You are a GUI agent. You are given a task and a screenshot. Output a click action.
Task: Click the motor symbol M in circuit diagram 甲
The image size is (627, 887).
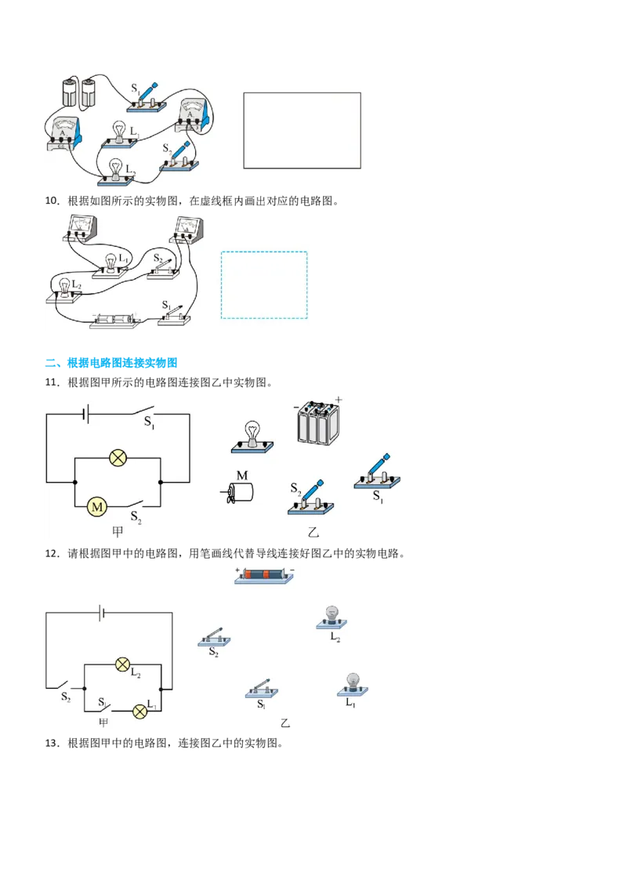tap(96, 506)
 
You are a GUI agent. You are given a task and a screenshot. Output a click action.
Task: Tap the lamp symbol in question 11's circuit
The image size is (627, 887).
tap(118, 457)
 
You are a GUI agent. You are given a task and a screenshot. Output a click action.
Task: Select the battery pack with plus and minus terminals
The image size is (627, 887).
tap(318, 422)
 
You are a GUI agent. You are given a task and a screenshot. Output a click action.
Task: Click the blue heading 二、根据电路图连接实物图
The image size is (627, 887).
tap(111, 363)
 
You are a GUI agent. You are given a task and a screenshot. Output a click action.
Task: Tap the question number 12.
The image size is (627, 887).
tap(52, 553)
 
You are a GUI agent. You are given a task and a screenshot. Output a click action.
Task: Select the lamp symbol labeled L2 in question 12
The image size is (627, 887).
tap(122, 664)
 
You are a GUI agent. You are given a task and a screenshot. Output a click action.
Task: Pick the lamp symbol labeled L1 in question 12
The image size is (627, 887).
tap(140, 711)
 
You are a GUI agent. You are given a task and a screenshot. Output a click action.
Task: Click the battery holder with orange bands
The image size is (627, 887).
tap(264, 575)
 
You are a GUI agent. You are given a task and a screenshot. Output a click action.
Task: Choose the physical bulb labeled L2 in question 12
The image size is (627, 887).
tap(332, 617)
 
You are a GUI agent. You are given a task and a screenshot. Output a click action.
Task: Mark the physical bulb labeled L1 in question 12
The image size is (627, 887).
tap(353, 685)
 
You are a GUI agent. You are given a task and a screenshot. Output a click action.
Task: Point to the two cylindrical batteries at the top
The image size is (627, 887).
tap(78, 92)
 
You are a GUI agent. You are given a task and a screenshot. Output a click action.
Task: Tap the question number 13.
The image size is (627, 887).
tap(52, 743)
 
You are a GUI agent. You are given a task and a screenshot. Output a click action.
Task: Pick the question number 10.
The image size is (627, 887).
tap(52, 201)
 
